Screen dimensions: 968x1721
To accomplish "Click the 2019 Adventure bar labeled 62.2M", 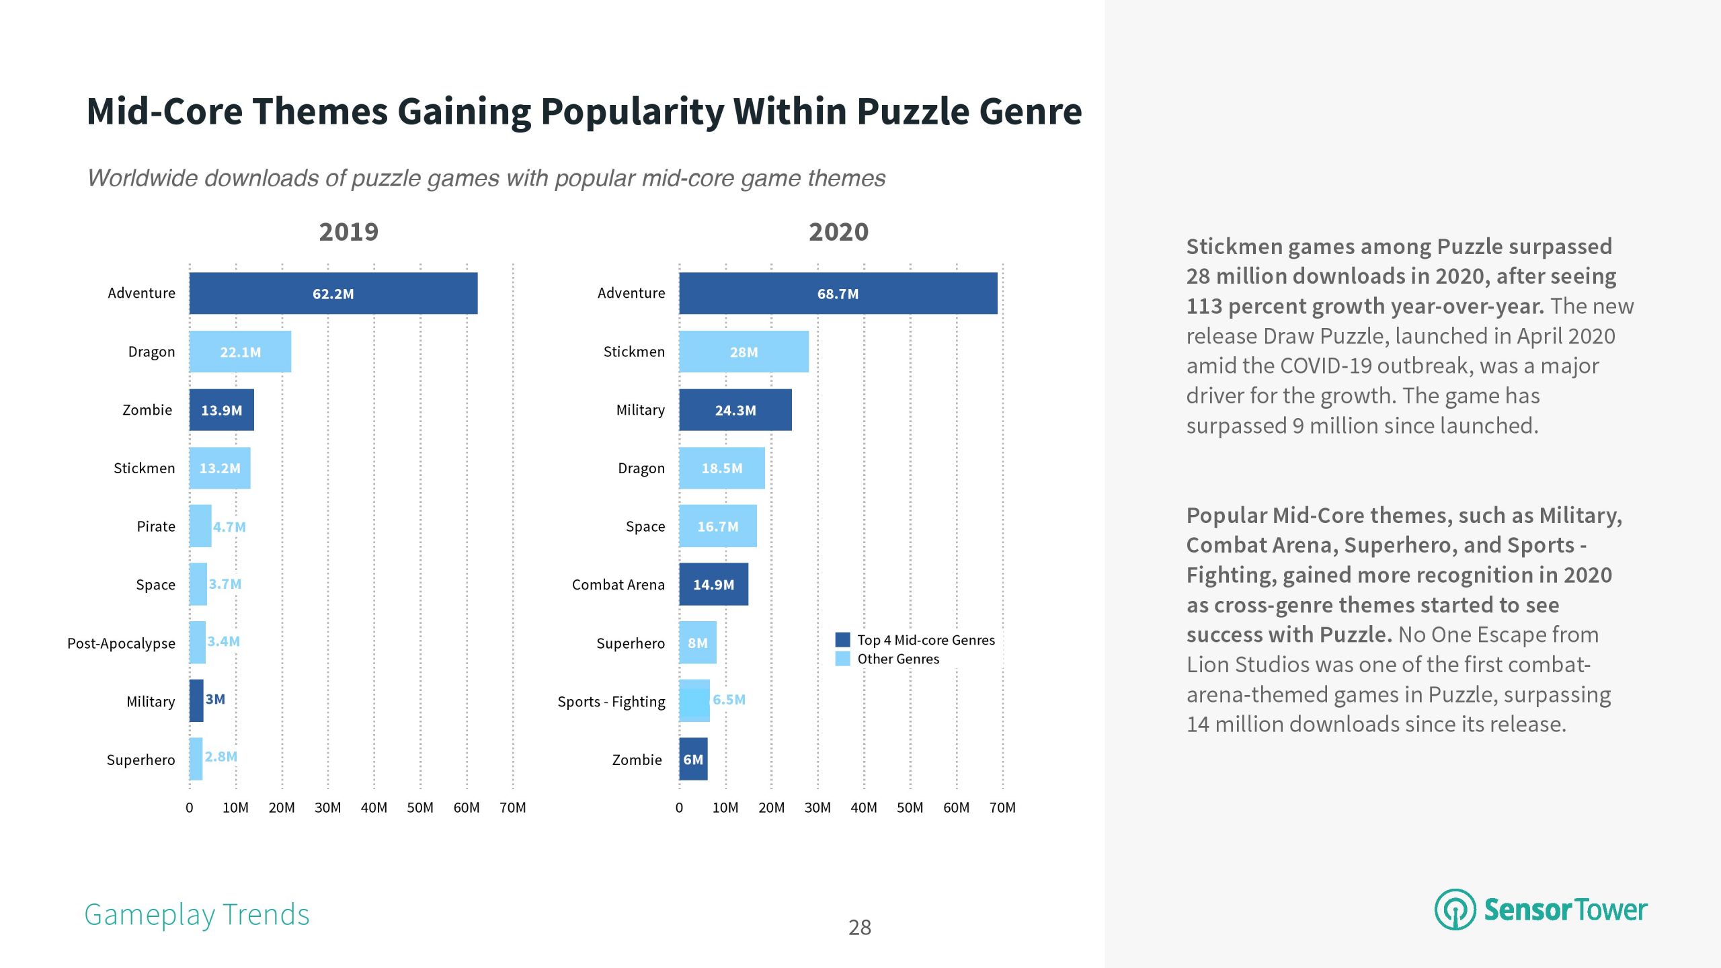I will (x=333, y=293).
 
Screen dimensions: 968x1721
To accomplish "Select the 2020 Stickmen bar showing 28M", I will (x=744, y=352).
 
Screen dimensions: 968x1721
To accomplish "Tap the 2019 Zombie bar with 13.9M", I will (x=221, y=410).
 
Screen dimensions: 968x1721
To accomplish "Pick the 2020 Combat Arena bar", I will (x=713, y=584).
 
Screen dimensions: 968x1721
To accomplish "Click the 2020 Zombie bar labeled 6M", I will (x=693, y=759).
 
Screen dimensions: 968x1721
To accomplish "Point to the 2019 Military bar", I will (x=196, y=700).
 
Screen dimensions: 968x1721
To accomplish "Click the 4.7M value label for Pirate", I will (x=229, y=527).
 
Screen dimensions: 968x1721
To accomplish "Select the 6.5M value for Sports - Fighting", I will (x=729, y=700).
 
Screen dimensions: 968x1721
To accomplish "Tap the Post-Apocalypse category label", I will (x=121, y=643).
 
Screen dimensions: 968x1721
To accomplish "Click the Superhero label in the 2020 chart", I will (x=630, y=643).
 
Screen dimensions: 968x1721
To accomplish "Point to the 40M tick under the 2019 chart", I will (x=374, y=807).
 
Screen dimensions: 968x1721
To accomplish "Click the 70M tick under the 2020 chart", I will (x=1002, y=807).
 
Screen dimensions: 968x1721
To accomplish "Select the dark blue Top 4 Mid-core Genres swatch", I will (x=842, y=640).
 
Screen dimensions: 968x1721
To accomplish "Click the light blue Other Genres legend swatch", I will (x=842, y=659).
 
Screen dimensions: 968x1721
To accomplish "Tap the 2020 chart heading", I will (x=838, y=232).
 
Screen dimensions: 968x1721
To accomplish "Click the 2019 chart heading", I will (x=348, y=232).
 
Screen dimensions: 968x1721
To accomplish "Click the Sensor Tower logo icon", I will (x=1455, y=910).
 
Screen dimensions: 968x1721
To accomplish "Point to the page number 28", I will (x=860, y=928).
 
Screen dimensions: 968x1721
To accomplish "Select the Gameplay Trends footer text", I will (x=196, y=915).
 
